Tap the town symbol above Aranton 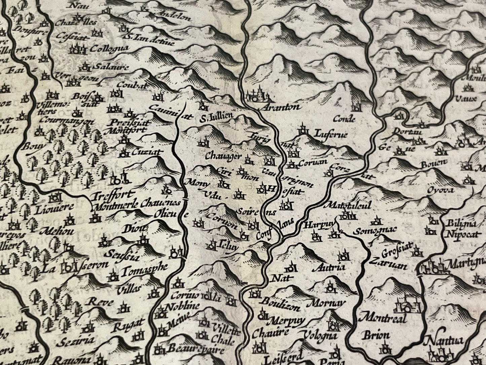pyautogui.click(x=258, y=94)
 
